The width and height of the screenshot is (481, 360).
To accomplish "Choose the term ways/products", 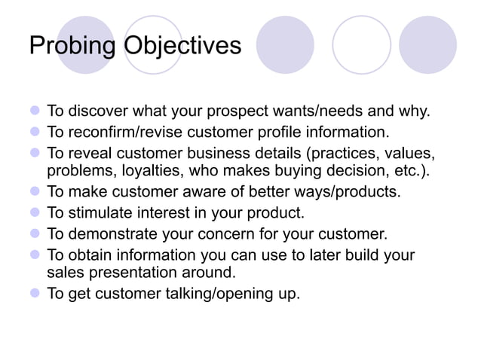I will tap(341, 191).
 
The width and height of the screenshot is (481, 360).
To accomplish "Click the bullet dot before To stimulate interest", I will tap(34, 212).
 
